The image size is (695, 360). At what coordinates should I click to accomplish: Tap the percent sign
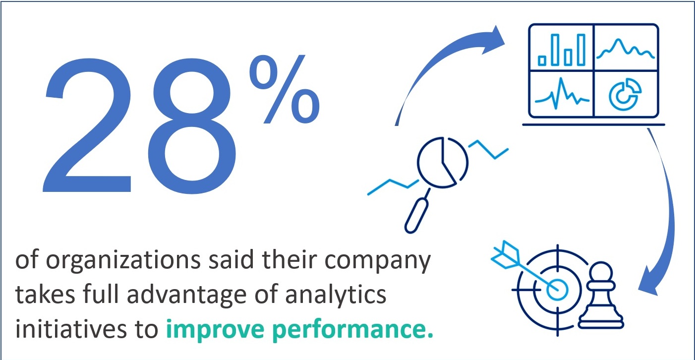[285, 89]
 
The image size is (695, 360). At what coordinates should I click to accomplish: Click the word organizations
[123, 260]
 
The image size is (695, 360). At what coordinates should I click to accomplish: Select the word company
[378, 260]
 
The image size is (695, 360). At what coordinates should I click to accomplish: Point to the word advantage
[186, 295]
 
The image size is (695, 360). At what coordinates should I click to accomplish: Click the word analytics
[336, 295]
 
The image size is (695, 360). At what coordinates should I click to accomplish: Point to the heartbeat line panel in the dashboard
[562, 94]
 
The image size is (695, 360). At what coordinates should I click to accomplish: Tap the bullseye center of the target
[557, 290]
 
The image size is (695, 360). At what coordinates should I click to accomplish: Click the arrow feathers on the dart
[505, 255]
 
